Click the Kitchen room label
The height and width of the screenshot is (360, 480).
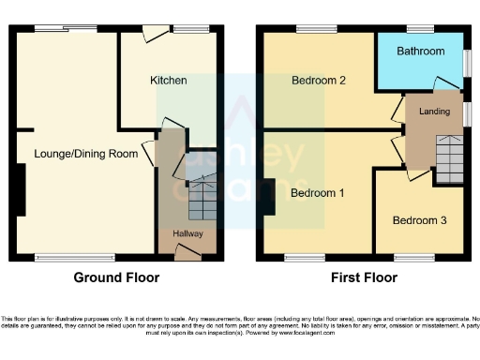[169, 81]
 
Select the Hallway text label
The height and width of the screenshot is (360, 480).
[187, 233]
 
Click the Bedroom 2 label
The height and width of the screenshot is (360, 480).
[319, 81]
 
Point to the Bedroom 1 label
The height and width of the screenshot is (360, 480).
[317, 193]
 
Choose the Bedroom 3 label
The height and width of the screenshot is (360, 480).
[419, 221]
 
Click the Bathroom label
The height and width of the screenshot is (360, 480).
[420, 52]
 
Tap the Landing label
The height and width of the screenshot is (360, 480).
[433, 113]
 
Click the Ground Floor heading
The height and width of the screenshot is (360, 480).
[116, 277]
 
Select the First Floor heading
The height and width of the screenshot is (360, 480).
[364, 277]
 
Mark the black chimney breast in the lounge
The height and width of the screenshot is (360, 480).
[19, 187]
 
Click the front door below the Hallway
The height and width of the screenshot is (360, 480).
[187, 249]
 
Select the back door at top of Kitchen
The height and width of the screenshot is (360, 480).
[150, 35]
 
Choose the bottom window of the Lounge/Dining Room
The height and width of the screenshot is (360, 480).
[63, 256]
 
